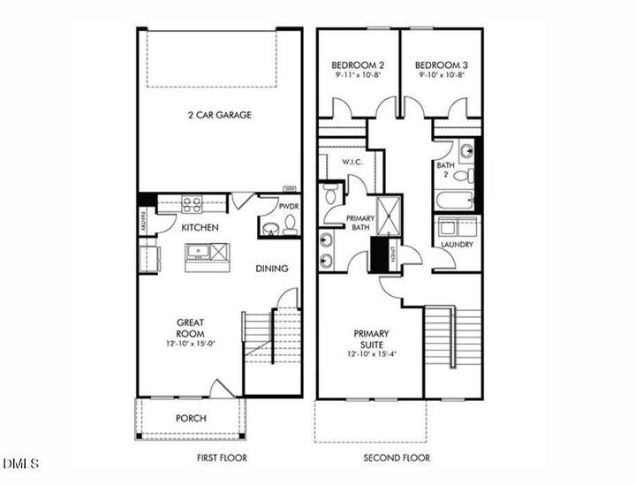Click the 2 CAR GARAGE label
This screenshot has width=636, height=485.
point(219,115)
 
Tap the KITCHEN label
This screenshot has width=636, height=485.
point(201,227)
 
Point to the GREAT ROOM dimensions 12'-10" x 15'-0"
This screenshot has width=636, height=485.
point(190,344)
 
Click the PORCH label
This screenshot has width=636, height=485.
point(190,418)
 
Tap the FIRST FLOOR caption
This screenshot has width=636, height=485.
point(221,458)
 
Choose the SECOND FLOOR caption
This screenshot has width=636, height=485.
point(397,458)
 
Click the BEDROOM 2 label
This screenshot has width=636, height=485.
point(358,65)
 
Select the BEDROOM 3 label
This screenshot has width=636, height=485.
point(442,65)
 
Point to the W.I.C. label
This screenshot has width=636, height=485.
point(341,162)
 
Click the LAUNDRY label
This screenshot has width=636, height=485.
point(457,245)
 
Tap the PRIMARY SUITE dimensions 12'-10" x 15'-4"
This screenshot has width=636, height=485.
point(372,354)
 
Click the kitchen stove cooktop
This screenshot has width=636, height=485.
point(193,203)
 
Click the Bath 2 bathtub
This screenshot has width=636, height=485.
point(456,200)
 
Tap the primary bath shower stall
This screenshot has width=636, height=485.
point(389,215)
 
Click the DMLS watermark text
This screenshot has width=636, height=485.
point(16,464)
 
